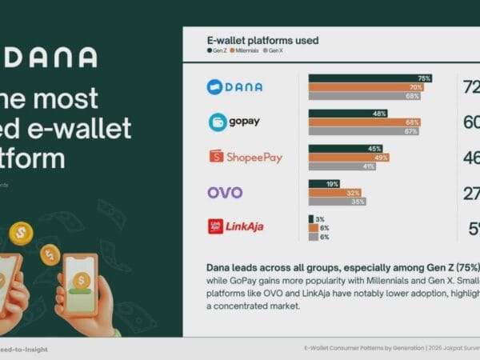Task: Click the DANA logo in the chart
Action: click(234, 87)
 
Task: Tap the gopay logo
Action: click(234, 122)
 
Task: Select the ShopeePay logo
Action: click(246, 157)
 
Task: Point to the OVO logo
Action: click(225, 192)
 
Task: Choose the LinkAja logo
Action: click(235, 226)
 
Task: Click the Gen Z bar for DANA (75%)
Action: click(370, 78)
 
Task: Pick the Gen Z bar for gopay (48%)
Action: click(349, 114)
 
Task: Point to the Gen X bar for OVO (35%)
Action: click(338, 201)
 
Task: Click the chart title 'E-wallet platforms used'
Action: click(262, 40)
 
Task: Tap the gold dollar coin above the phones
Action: click(22, 234)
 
